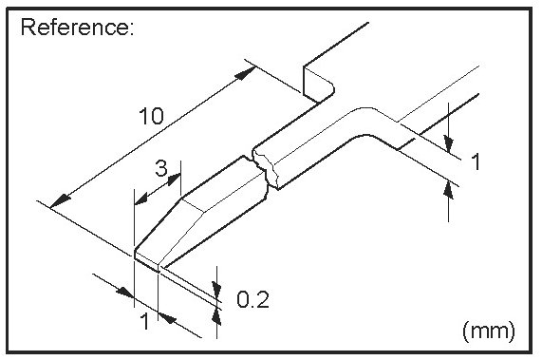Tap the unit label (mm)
(x=489, y=331)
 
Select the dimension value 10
(x=152, y=116)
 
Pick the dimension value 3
(x=161, y=169)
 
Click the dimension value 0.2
(x=252, y=299)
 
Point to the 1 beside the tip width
(x=145, y=321)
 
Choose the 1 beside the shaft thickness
(x=476, y=161)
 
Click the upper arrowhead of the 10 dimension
(x=245, y=73)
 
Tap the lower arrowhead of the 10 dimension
(x=60, y=200)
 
